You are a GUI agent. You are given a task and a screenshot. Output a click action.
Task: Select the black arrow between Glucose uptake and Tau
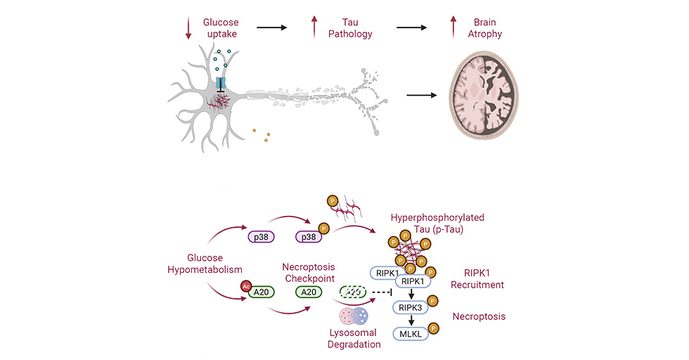click(272, 27)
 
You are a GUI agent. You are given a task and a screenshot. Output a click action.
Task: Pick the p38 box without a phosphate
click(262, 237)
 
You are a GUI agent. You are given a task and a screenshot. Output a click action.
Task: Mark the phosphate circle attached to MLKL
click(433, 328)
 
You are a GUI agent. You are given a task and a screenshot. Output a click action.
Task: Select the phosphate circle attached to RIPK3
click(433, 302)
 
